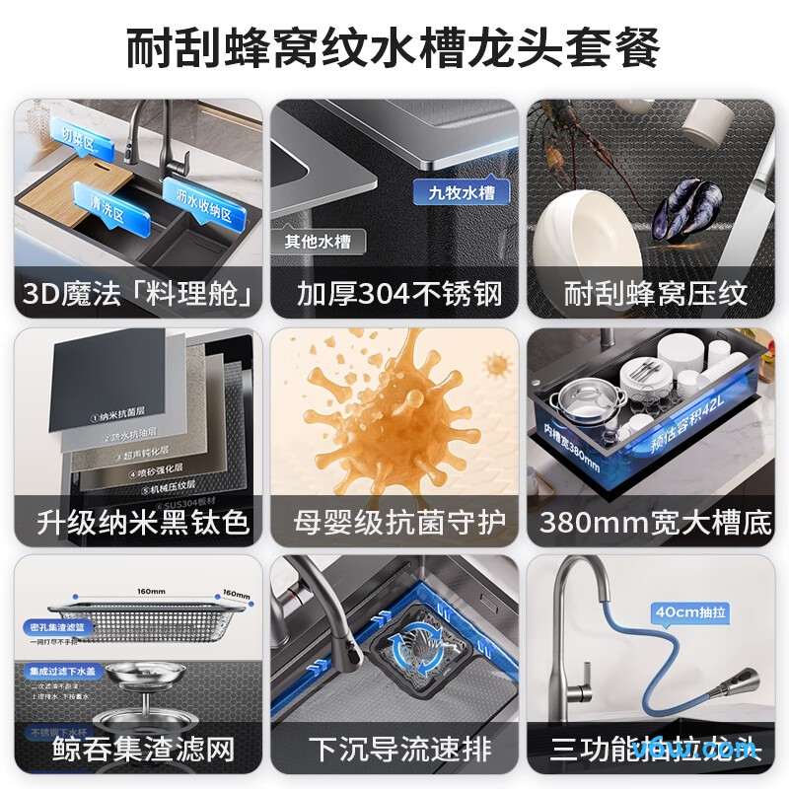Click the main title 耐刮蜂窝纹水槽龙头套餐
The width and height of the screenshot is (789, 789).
(x=394, y=47)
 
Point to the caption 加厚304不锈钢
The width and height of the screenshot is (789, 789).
(x=394, y=293)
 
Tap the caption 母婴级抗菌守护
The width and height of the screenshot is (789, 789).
(x=394, y=521)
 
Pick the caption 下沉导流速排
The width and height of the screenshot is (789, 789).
(x=394, y=749)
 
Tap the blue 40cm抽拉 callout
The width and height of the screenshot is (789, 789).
(x=690, y=611)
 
